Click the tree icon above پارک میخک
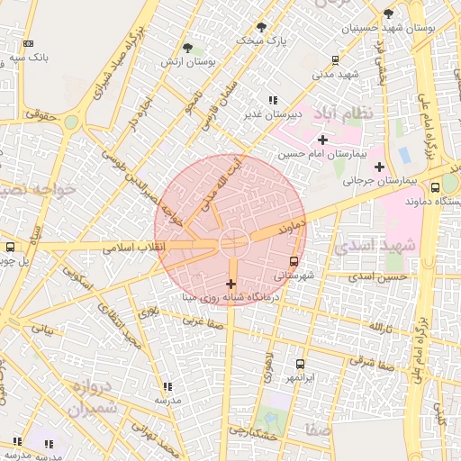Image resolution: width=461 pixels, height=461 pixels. (x=261, y=27)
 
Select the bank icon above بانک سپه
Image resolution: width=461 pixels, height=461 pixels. (x=28, y=43)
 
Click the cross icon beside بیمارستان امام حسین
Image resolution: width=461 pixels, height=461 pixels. (x=322, y=140)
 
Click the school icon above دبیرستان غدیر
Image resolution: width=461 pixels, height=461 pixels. (x=272, y=101)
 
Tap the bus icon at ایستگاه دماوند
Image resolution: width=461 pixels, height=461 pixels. (x=435, y=188)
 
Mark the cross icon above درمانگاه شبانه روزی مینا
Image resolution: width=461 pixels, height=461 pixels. (x=231, y=284)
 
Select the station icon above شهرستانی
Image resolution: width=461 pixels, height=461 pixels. (x=294, y=262)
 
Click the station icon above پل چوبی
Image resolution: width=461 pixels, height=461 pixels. (x=10, y=247)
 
